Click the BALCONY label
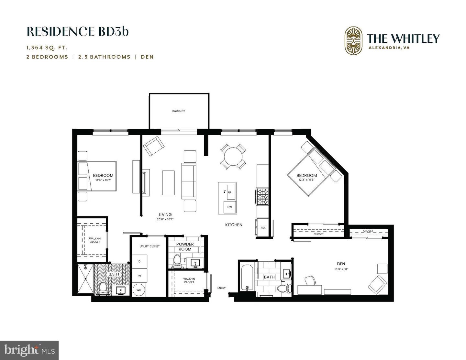pos(179,111)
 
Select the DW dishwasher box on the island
pos(230,207)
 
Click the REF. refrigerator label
pos(263,228)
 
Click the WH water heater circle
pos(139,290)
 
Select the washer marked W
pos(139,276)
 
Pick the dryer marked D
pos(139,261)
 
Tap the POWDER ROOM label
pos(185,247)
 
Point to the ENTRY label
pos(222,288)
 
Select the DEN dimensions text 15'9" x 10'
pos(341,269)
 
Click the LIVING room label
pos(165,214)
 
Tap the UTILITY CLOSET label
pos(150,246)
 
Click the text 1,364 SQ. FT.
pos(47,48)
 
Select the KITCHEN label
pos(234,225)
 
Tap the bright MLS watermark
pos(29,350)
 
